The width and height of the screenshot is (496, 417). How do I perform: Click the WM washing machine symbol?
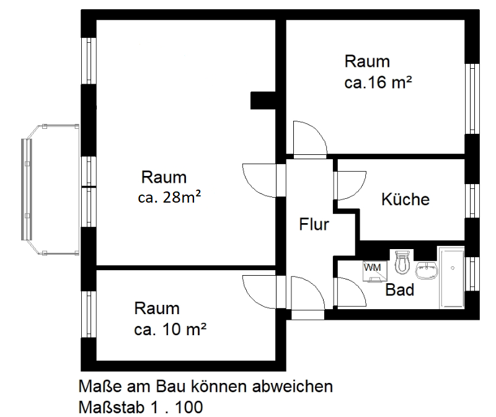click(372, 270)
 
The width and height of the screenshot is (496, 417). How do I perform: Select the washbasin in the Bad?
click(425, 270)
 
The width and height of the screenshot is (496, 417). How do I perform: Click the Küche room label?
click(405, 200)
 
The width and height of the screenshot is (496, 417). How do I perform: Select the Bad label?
click(400, 289)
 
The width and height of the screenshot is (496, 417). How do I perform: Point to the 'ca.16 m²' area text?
click(379, 82)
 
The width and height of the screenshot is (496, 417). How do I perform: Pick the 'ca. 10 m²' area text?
click(170, 329)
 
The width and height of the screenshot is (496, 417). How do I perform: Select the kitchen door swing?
click(351, 183)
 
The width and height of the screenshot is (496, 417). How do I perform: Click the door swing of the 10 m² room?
click(260, 291)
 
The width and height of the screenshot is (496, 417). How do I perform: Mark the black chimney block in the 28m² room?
click(263, 100)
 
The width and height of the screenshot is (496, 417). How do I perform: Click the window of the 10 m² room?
click(88, 314)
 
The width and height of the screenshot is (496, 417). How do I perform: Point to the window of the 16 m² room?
click(472, 98)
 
